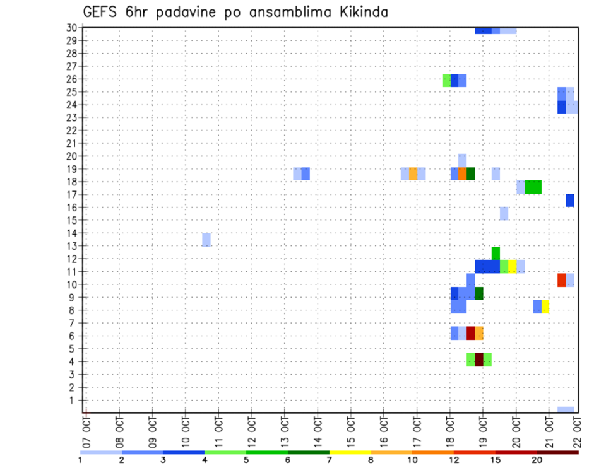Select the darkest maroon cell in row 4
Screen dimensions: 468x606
click(479, 360)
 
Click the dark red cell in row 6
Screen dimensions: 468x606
click(471, 333)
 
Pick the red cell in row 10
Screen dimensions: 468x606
click(561, 279)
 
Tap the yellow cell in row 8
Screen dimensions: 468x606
click(545, 307)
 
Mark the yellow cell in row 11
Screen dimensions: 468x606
click(512, 266)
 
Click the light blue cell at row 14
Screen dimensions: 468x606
click(206, 240)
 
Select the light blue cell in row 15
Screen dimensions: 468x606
click(504, 213)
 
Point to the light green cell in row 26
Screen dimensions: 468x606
click(446, 80)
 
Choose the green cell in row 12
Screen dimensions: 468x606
click(496, 253)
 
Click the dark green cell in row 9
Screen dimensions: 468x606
click(479, 293)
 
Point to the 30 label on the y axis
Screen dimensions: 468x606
click(71, 28)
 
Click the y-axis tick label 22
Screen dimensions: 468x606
click(71, 131)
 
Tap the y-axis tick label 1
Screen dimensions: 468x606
click(74, 400)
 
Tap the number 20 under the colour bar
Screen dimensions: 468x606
click(537, 460)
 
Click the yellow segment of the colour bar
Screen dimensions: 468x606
click(350, 452)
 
